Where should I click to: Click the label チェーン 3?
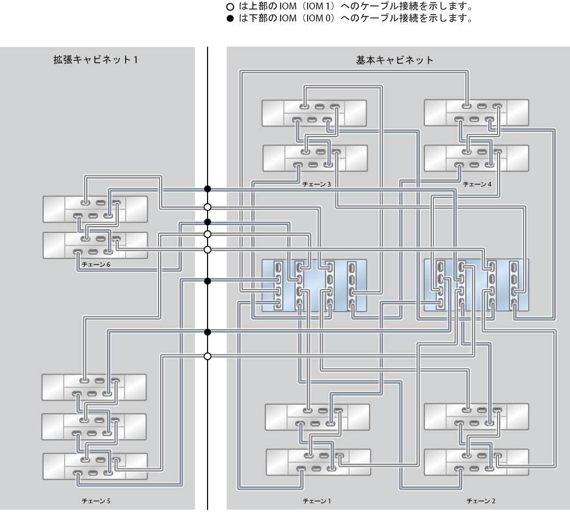(x=317, y=184)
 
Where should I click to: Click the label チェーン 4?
(x=477, y=184)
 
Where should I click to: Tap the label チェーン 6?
(x=96, y=265)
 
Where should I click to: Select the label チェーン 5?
(x=96, y=501)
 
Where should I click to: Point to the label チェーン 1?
(x=317, y=501)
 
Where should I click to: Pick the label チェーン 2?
(x=481, y=501)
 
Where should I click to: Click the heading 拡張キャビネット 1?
(x=95, y=59)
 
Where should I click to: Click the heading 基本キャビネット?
(x=395, y=60)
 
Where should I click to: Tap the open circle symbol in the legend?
(x=230, y=7)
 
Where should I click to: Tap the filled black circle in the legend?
(x=230, y=19)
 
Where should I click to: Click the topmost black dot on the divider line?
(x=208, y=189)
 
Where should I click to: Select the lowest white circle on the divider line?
(x=208, y=356)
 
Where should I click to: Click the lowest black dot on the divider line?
(x=208, y=332)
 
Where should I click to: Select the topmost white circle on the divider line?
(x=208, y=207)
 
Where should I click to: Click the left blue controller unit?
(x=314, y=285)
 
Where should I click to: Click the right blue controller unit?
(x=477, y=285)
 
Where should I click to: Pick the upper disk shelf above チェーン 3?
(x=314, y=113)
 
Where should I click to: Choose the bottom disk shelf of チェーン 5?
(x=95, y=466)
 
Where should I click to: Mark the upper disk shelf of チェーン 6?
(x=95, y=209)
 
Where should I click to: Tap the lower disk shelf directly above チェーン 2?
(x=477, y=462)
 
